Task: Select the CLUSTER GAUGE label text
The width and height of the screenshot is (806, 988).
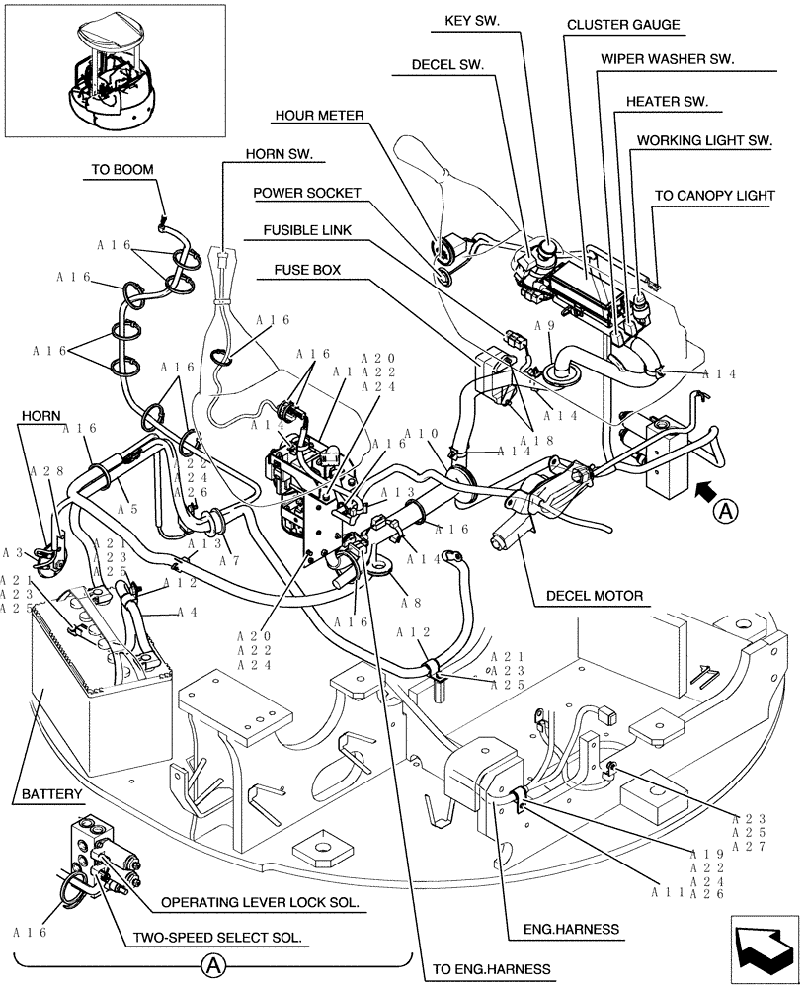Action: [x=622, y=24]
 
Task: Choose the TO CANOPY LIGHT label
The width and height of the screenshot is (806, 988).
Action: [x=714, y=196]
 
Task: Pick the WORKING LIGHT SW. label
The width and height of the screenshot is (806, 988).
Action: [x=704, y=140]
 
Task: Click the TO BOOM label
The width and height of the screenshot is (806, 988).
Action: [x=122, y=169]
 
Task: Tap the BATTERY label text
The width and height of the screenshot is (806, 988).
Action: [x=52, y=793]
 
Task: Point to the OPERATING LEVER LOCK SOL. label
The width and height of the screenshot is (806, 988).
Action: [x=259, y=902]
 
